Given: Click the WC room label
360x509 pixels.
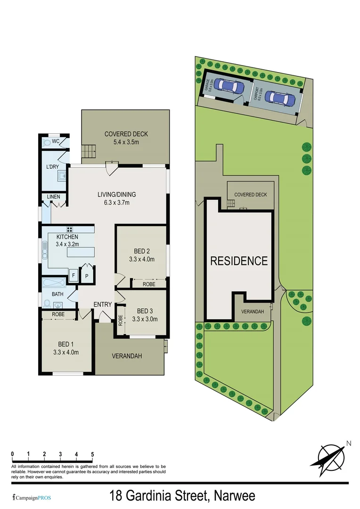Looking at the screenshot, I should tap(56, 141).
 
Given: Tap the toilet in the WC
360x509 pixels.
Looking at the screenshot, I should tap(46, 141).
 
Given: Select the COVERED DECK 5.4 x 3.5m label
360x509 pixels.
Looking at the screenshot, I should tap(126, 138).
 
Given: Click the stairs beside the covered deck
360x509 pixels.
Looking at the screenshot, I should tap(88, 152).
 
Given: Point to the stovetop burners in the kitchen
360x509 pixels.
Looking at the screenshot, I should tap(69, 230).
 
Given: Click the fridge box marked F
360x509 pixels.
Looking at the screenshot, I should tap(74, 276).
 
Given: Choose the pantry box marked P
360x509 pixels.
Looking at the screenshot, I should tap(87, 276).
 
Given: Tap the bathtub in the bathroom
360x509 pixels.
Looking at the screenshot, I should tap(54, 284).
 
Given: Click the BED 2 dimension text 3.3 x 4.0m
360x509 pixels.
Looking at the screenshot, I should tap(141, 259).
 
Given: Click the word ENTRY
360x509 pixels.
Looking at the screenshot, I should tap(102, 304).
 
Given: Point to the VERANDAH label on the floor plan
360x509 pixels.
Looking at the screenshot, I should tap(126, 356).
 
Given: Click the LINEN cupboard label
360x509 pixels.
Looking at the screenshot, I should tap(52, 197).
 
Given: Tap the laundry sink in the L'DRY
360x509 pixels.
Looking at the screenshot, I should tap(62, 176).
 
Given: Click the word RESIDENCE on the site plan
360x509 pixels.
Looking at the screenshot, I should tap(239, 261).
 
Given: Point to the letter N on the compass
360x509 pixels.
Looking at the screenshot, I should tap(349, 443).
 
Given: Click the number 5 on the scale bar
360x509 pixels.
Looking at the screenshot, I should tap(92, 454).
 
